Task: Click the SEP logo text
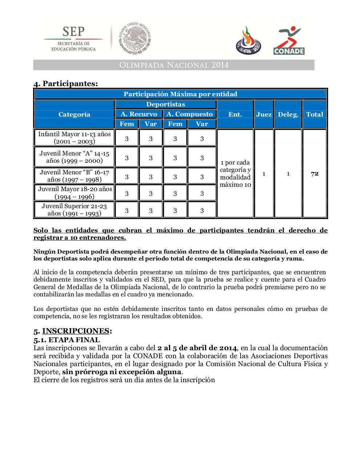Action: point(73,32)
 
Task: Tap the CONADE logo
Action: point(289,41)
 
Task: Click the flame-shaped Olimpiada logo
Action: point(248,41)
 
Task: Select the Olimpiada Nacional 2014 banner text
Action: point(174,65)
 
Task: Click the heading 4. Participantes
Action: point(66,84)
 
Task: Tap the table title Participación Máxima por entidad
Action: point(180,94)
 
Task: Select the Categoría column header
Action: point(74,114)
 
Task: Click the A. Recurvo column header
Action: point(139,114)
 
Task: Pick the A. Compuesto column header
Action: point(189,114)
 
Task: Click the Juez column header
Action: point(264,114)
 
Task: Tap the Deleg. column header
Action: point(288,114)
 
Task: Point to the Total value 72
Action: point(315,174)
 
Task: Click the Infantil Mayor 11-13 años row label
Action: point(74,138)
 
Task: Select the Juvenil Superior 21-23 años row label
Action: point(74,210)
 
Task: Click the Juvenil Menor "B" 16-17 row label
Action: point(74,176)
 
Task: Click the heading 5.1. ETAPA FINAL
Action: point(67,340)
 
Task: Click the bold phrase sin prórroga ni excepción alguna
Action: point(121,372)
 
